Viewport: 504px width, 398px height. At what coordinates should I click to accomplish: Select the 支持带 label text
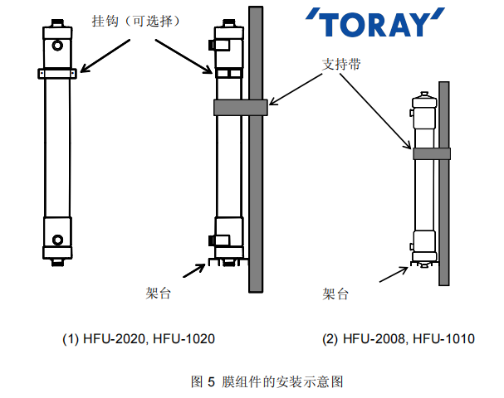pos(341,64)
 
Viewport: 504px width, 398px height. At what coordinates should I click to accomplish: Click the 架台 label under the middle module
pos(159,293)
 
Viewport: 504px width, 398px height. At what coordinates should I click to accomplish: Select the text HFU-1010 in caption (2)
pos(447,339)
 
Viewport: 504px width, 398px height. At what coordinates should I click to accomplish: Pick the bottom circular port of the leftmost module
pos(57,240)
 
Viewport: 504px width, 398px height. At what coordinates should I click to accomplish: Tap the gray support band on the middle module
pos(240,106)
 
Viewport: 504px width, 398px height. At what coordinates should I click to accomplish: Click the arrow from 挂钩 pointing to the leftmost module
pos(98,58)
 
